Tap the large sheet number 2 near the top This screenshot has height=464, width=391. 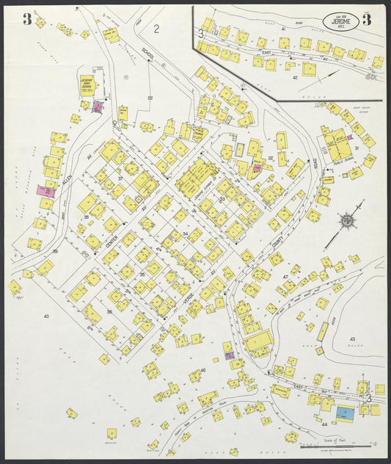pos(157,29)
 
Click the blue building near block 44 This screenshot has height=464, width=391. pos(343,414)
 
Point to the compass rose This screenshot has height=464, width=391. pos(344,220)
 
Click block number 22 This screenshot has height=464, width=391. pos(150,98)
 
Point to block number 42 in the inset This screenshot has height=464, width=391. pos(295,76)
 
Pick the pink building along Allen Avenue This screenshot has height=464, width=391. pos(45,189)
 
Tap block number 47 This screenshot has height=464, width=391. pos(285,276)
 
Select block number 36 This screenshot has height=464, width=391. pos(109,311)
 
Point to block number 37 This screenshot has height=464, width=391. pos(120,178)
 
